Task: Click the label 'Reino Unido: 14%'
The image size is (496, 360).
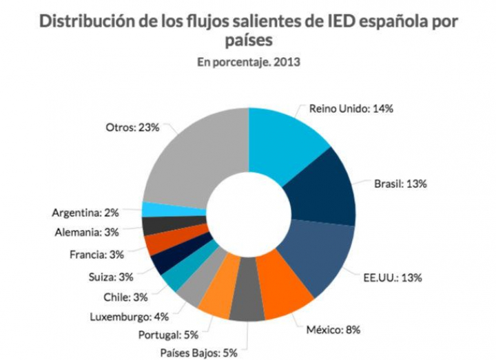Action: point(351,108)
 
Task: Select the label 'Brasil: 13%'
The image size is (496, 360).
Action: point(400,184)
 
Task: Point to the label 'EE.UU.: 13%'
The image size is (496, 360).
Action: point(392,278)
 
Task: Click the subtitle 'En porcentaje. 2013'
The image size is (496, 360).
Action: point(249,63)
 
